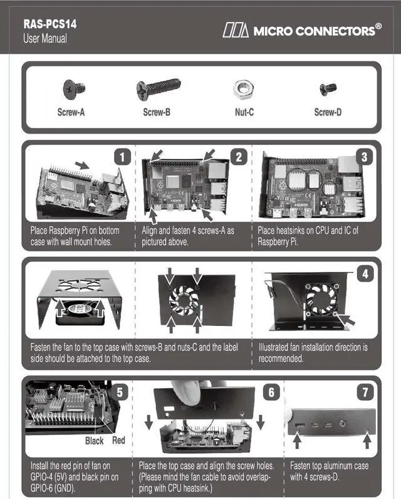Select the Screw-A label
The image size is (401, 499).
[71, 113]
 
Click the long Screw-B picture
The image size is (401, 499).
[158, 88]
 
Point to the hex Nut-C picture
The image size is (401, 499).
[243, 89]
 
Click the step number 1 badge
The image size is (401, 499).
[123, 157]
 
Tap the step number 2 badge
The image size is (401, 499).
[238, 157]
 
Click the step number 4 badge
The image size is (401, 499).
[365, 274]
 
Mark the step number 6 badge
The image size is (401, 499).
[271, 392]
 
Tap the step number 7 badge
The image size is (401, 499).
[365, 392]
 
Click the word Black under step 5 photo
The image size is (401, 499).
[95, 441]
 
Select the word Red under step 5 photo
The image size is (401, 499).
[118, 440]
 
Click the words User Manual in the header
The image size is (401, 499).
[44, 38]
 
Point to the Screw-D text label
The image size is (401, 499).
[328, 113]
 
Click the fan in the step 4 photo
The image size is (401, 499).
[320, 299]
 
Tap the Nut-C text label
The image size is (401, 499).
[243, 113]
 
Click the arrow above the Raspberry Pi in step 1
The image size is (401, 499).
[81, 164]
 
